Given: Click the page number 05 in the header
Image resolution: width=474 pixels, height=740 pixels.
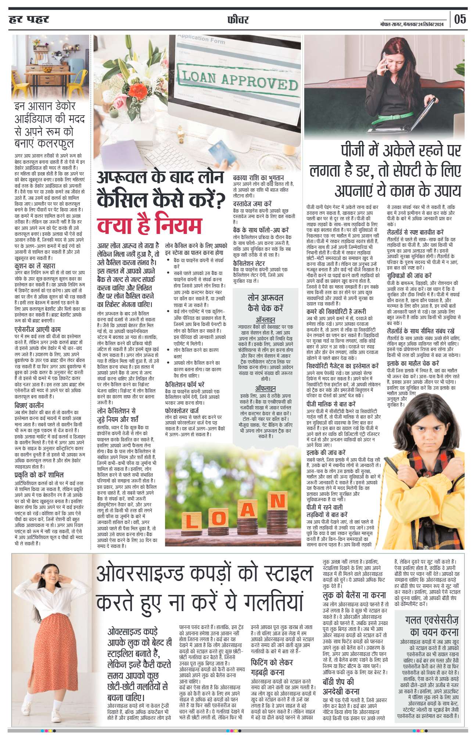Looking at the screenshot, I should [x=460, y=19].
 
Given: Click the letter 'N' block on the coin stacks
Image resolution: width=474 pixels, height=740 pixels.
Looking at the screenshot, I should [x=277, y=501].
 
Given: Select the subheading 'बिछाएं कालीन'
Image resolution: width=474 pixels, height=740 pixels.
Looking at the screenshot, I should [x=29, y=405].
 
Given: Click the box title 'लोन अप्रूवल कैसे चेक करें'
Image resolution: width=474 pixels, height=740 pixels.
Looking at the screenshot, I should [x=265, y=303].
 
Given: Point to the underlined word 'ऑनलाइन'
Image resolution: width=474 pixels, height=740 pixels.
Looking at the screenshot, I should [x=265, y=320].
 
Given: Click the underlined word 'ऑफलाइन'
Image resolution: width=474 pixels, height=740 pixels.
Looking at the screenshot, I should [x=265, y=389].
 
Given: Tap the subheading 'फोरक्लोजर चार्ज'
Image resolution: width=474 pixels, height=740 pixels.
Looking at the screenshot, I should [x=182, y=411].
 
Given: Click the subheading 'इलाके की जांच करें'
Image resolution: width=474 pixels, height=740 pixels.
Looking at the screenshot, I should [x=326, y=453].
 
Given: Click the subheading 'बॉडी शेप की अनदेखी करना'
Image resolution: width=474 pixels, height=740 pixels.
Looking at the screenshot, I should [x=341, y=686].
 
